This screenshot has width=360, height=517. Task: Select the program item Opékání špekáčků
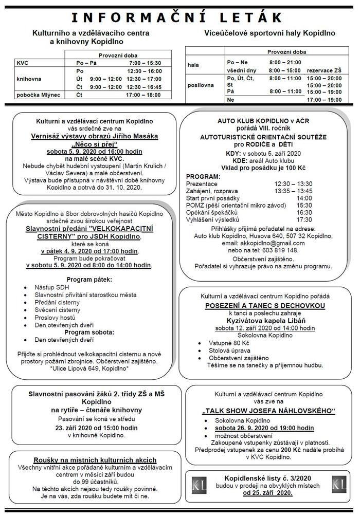click(x=212, y=212)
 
